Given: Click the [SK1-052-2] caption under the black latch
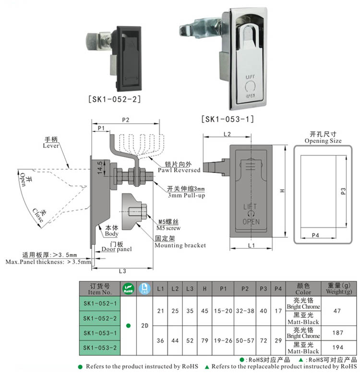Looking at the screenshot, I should [114, 99].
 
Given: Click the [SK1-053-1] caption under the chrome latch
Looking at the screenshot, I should [228, 118].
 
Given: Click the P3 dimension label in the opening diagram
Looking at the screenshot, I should [343, 191].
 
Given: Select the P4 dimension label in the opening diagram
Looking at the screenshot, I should [316, 235].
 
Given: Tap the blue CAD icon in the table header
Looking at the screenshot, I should [144, 288].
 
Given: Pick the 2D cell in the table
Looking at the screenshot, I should [144, 325].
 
